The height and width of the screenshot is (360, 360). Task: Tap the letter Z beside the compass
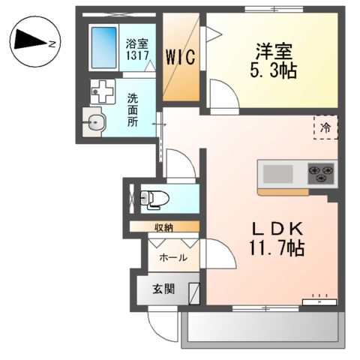pyautogui.click(x=52, y=44)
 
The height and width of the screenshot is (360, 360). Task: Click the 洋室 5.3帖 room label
pyautogui.click(x=273, y=61)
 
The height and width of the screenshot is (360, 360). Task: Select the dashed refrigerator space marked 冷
pyautogui.click(x=325, y=127)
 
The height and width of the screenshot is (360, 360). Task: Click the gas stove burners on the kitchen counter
pyautogui.click(x=322, y=175)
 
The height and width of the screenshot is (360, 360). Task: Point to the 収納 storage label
pyautogui.click(x=165, y=226)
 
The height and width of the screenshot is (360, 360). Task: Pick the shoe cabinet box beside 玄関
pyautogui.click(x=193, y=290)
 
